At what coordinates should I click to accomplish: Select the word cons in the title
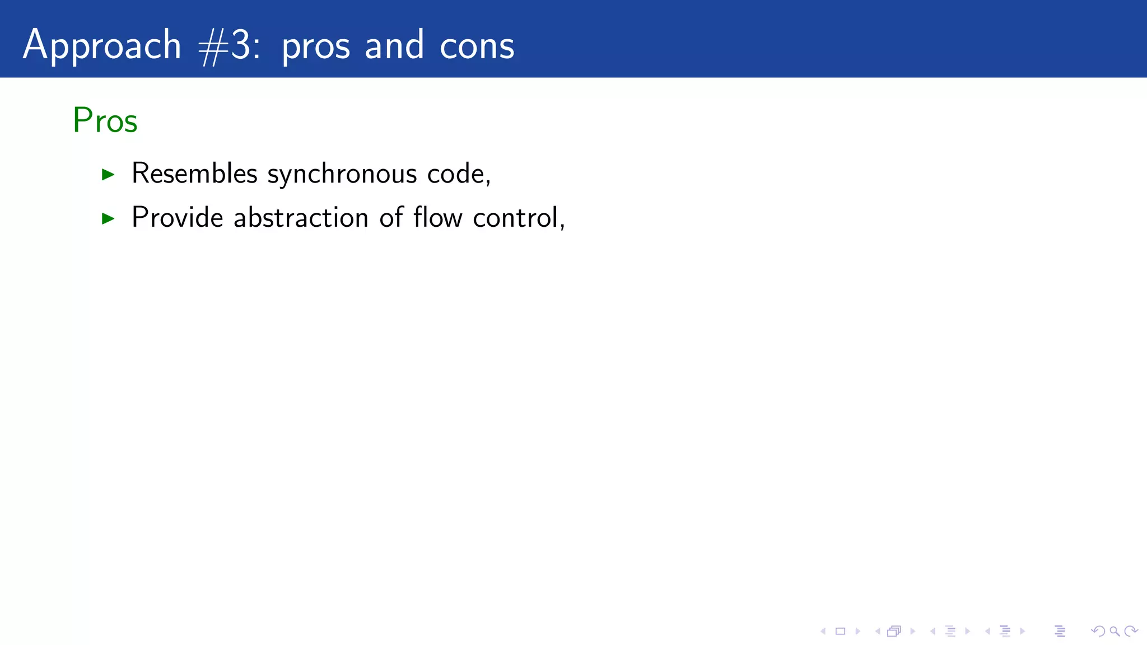coord(477,46)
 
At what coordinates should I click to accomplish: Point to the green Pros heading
coord(105,120)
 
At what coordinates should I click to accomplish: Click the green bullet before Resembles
coord(108,175)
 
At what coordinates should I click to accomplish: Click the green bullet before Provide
coord(108,218)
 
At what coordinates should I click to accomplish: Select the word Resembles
coord(194,173)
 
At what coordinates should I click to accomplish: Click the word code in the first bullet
coord(455,173)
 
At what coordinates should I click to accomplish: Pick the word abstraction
coord(301,217)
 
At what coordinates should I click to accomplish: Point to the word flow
coord(437,217)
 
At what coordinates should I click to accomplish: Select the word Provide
coord(177,217)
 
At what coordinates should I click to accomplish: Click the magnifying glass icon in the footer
coord(1115,632)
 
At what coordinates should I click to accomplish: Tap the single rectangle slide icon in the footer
coord(840,632)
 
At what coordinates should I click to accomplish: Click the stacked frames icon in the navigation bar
coord(894,632)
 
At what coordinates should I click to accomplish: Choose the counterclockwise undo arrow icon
coord(1098,632)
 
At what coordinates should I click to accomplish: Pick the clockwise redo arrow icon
coord(1131,632)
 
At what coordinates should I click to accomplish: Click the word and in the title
coord(394,46)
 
